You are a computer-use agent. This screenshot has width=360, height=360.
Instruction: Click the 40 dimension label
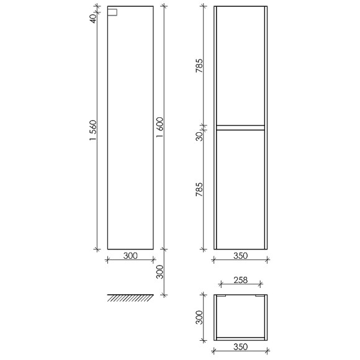(93, 19)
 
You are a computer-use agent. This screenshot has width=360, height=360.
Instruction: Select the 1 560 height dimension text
(94, 130)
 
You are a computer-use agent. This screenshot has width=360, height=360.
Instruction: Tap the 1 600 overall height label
(160, 127)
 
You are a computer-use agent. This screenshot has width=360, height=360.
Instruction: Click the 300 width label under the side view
(130, 256)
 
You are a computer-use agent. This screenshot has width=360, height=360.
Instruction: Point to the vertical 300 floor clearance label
(160, 272)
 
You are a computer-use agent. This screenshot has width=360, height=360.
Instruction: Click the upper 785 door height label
(199, 66)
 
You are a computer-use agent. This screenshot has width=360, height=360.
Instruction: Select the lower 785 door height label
(199, 190)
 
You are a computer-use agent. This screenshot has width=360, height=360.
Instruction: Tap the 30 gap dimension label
(199, 137)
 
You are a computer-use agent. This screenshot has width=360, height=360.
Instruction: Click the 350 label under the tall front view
(240, 256)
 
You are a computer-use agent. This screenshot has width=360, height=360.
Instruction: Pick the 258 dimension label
(240, 280)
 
